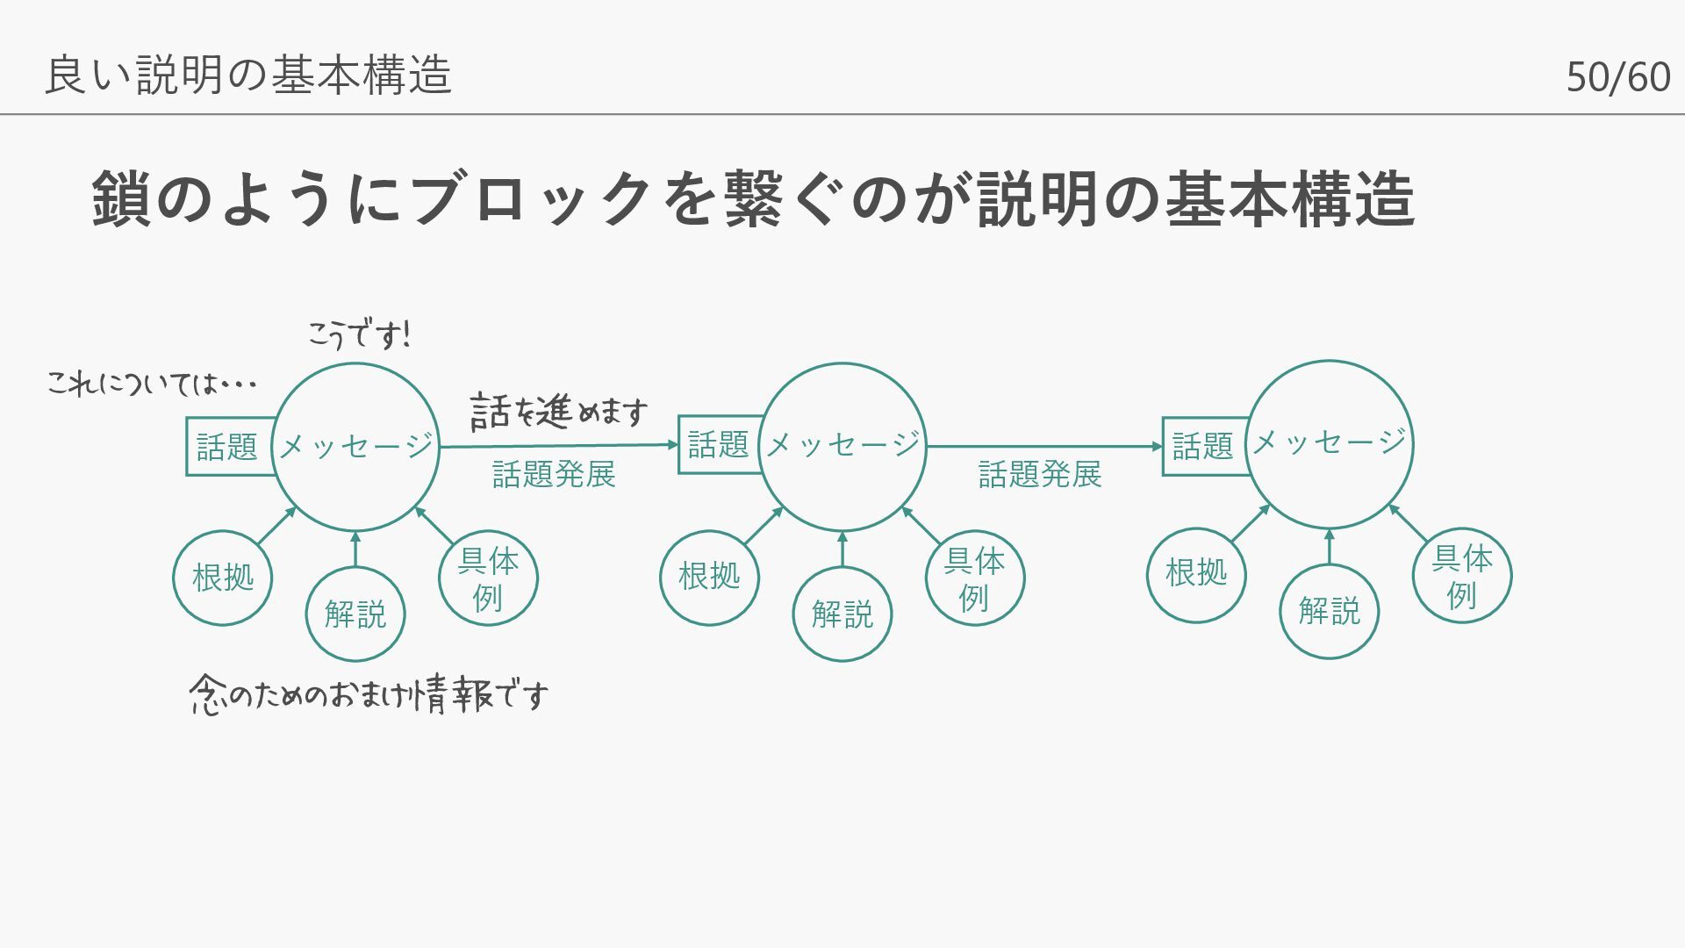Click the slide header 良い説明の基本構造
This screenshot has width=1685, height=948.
(x=248, y=75)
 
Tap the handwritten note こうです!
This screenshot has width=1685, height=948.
(x=358, y=334)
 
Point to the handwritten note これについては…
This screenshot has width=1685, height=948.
(x=151, y=384)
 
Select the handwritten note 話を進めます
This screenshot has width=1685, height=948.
(x=559, y=411)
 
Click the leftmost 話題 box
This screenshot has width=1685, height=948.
(x=227, y=447)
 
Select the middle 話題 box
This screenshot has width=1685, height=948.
(x=718, y=444)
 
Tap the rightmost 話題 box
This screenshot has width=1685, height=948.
(x=1202, y=446)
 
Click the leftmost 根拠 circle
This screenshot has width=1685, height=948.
(x=223, y=578)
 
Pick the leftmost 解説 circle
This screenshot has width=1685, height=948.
(x=355, y=614)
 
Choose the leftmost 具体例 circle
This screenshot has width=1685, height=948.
(x=488, y=578)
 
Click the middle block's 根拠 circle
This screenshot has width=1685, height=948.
(x=709, y=577)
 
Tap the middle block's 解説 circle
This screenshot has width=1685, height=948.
(x=842, y=614)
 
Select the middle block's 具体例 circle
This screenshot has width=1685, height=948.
(x=974, y=578)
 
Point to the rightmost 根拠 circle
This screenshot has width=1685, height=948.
(x=1196, y=574)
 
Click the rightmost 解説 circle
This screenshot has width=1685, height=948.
(x=1330, y=611)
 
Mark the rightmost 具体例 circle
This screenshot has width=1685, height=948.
(x=1462, y=575)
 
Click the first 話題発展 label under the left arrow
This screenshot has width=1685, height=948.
(x=554, y=475)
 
